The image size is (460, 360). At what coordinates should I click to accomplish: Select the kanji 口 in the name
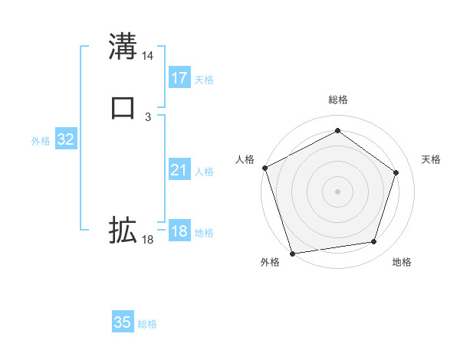coord(123,106)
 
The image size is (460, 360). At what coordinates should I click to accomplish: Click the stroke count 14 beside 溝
coord(148,56)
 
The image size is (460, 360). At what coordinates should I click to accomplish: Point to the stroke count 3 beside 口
coord(148,116)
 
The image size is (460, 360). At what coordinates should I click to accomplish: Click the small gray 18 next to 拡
coord(148,240)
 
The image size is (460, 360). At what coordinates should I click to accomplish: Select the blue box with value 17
coord(179,77)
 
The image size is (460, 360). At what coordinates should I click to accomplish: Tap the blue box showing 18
coord(179,232)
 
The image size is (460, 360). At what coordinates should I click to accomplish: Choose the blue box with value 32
coord(66,139)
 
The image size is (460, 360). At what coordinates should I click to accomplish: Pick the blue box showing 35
coord(123,322)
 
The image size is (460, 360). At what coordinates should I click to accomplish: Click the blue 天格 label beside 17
coord(204,79)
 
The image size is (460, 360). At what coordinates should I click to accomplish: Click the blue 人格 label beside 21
coord(204,172)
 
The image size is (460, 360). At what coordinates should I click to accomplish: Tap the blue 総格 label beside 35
coord(147,324)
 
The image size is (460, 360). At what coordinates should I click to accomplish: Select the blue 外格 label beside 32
coord(41,141)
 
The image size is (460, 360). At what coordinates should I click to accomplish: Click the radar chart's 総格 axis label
coord(337,100)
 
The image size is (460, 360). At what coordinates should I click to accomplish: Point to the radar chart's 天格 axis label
coord(432,159)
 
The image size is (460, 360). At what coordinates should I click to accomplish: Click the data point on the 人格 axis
coord(264,167)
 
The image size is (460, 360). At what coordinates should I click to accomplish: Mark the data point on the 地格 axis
coord(374,242)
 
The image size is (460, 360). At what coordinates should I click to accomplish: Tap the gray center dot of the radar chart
coord(337,191)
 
